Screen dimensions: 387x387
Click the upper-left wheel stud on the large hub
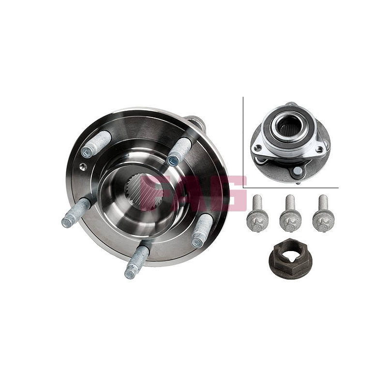point(96,144)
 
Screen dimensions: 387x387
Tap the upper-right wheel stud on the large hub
point(179,151)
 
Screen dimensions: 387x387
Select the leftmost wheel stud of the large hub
point(75,212)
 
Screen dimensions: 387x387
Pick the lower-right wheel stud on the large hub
point(202,230)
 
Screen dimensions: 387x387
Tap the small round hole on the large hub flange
point(83,166)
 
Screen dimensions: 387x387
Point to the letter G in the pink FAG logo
point(231,193)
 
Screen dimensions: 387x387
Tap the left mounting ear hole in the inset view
point(258,148)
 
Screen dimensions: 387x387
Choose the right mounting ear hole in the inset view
point(320,149)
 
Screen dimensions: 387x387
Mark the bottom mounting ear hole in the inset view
point(298,170)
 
